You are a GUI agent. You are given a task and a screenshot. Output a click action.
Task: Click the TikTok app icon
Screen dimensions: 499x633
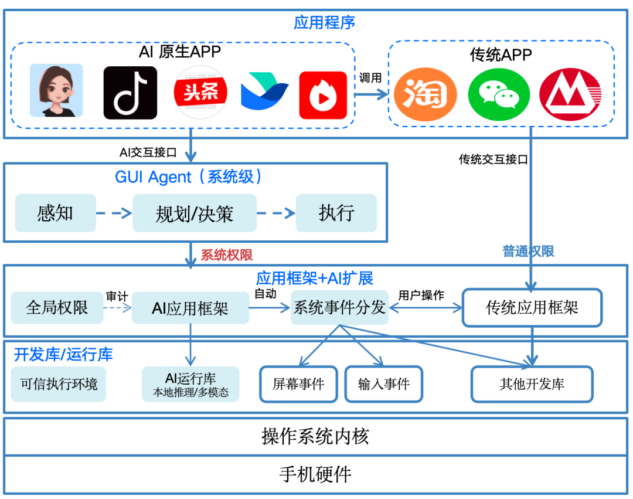130,93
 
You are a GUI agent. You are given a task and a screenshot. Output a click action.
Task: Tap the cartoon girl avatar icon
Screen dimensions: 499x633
56,91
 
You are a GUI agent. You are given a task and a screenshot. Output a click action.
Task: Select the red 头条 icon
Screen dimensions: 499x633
200,93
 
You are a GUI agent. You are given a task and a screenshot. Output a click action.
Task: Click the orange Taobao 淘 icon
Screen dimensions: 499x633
425,94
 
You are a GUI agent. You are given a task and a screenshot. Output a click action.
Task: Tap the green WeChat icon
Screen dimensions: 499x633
499,94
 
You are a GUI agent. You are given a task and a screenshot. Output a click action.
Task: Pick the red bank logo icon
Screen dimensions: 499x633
570,94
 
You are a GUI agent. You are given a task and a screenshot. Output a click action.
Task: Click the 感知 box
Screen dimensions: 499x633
55,213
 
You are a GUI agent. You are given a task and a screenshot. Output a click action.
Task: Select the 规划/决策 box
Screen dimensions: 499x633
194,213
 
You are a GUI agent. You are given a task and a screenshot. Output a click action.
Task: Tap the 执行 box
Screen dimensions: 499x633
336,213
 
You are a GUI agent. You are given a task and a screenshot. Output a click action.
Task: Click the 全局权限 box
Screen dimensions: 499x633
57,307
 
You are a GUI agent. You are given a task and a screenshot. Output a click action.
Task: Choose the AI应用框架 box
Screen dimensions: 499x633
190,308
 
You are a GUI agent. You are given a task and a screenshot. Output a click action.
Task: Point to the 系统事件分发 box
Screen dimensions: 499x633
339,307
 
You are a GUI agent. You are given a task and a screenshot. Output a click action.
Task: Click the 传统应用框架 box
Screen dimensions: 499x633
532,307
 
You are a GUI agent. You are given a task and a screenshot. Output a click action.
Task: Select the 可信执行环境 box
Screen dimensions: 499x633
59,384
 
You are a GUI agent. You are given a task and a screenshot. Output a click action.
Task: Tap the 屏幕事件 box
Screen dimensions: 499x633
298,384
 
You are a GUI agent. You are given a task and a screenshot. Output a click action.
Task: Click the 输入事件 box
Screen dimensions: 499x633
383,384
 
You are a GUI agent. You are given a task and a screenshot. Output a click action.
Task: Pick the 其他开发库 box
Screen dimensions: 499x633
532,384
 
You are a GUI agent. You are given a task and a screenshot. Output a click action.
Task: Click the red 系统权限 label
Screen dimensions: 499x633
226,255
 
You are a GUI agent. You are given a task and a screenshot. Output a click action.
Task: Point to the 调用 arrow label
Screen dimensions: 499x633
370,77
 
